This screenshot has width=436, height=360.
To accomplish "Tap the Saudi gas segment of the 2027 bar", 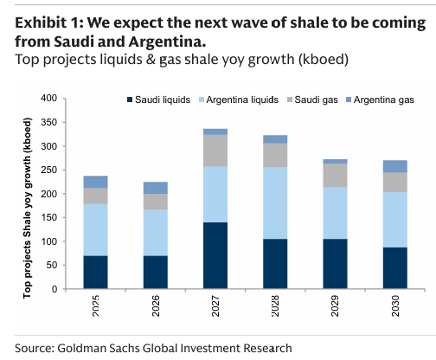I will (x=215, y=151).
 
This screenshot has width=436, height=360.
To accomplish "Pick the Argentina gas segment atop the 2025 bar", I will (x=95, y=182).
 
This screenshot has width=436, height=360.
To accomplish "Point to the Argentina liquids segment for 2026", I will (x=155, y=232).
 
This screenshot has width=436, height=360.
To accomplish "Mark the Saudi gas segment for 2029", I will (x=336, y=175).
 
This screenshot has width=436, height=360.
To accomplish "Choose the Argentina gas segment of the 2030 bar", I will (x=395, y=166).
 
